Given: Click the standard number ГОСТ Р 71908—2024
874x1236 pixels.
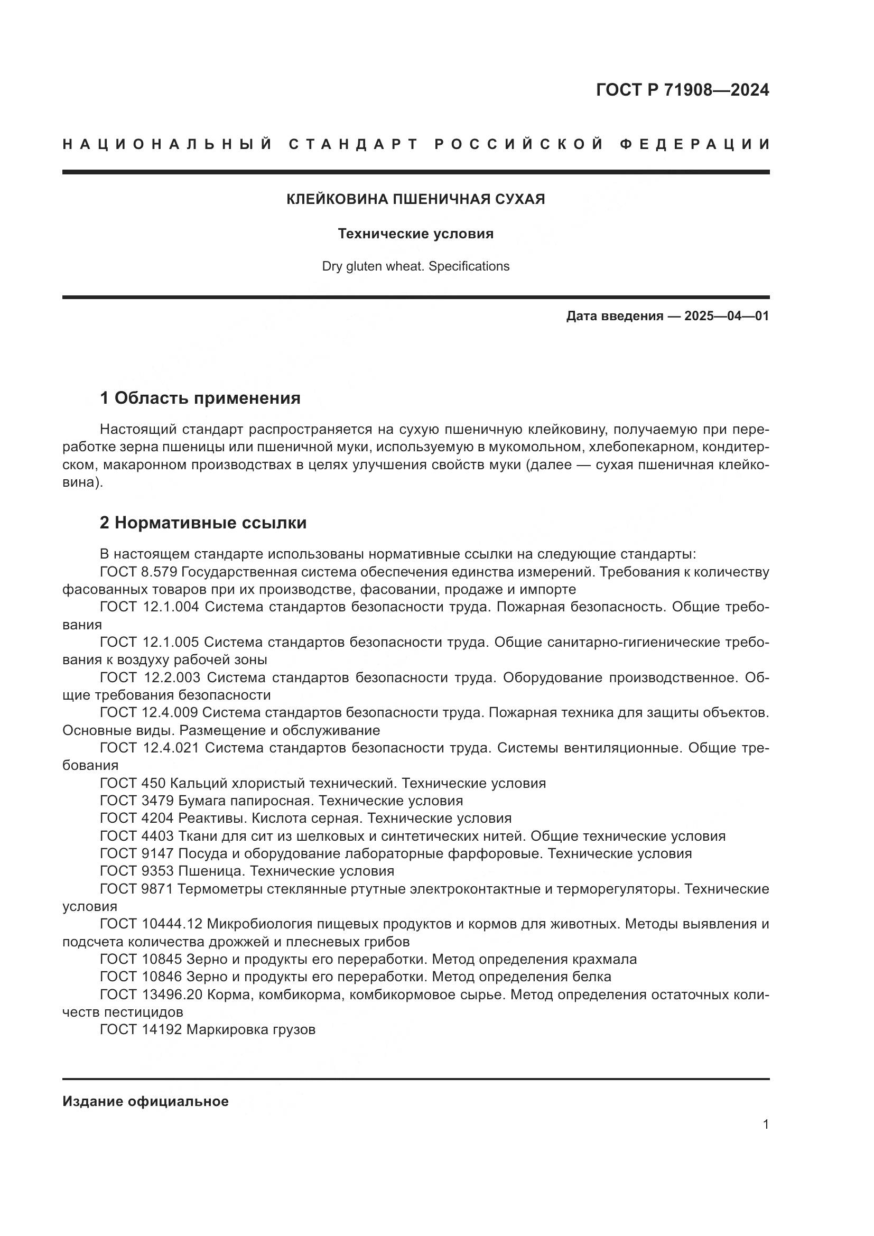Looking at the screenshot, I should tap(682, 90).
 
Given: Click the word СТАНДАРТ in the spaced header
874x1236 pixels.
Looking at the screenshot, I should tap(354, 144).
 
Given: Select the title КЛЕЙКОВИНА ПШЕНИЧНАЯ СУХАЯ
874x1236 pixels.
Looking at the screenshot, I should tap(415, 199).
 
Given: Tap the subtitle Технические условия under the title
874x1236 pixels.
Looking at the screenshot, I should tap(415, 234).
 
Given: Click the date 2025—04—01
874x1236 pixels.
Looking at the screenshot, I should tap(727, 316).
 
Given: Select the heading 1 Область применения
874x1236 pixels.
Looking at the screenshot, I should tap(200, 398).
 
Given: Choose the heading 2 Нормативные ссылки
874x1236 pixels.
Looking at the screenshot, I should tap(203, 523).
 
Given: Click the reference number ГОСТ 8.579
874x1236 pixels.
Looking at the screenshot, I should tap(139, 572).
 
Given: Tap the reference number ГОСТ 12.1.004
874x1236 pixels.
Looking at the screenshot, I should tap(150, 607).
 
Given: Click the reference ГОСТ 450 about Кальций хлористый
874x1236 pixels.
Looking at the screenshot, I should tap(133, 783).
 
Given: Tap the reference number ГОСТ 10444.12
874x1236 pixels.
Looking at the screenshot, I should tap(151, 924).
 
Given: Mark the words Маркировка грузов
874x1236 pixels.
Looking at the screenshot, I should tap(250, 1030).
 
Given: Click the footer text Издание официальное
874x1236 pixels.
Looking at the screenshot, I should tap(145, 1101).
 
